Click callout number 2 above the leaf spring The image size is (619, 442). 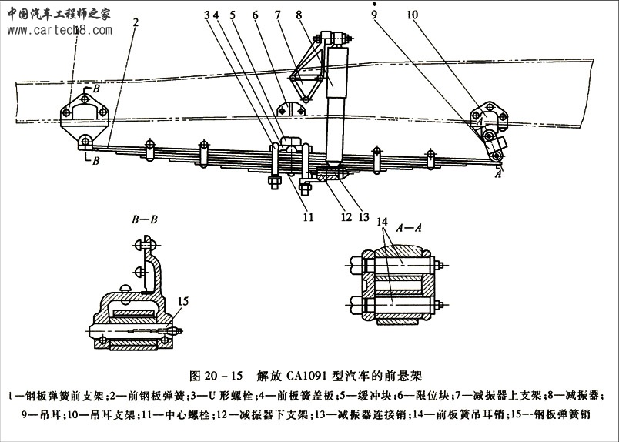pyautogui.click(x=135, y=22)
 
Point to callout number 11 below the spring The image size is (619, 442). pyautogui.click(x=308, y=218)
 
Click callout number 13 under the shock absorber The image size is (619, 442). pyautogui.click(x=363, y=218)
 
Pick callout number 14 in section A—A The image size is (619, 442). pyautogui.click(x=382, y=223)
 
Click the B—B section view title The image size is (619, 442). pyautogui.click(x=145, y=219)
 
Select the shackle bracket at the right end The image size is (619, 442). pyautogui.click(x=491, y=116)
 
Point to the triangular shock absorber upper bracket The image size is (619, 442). pyautogui.click(x=306, y=73)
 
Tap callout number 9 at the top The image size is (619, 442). pyautogui.click(x=373, y=15)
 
